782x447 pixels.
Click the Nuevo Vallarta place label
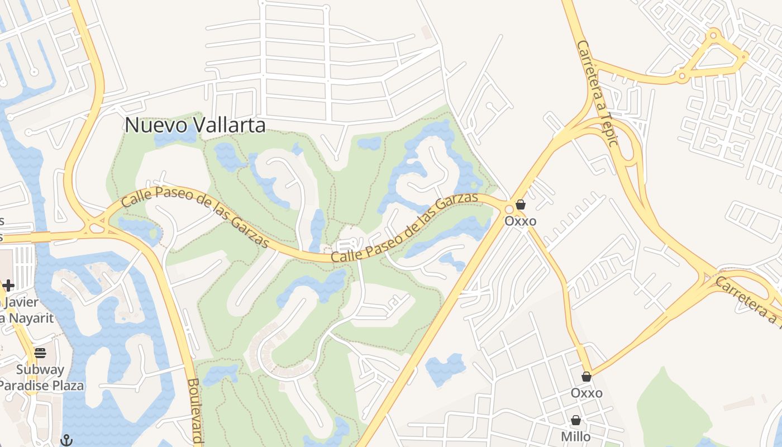pyautogui.click(x=195, y=125)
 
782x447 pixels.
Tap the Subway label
pyautogui.click(x=40, y=369)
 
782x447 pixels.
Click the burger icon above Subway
pyautogui.click(x=40, y=353)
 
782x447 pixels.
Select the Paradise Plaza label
pyautogui.click(x=41, y=386)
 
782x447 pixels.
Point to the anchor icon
pyautogui.click(x=66, y=440)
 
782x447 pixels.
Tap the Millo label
pyautogui.click(x=575, y=436)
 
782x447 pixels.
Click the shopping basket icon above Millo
pyautogui.click(x=575, y=420)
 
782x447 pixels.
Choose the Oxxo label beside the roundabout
pyautogui.click(x=520, y=221)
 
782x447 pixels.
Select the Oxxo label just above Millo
pyautogui.click(x=586, y=393)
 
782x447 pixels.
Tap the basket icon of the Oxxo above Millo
pyautogui.click(x=586, y=377)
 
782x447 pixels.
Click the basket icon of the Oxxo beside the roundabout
pyautogui.click(x=520, y=205)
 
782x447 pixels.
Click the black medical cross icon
pyautogui.click(x=8, y=286)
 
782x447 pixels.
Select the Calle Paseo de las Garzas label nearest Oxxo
pyautogui.click(x=405, y=227)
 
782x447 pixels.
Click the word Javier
pyautogui.click(x=22, y=302)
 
